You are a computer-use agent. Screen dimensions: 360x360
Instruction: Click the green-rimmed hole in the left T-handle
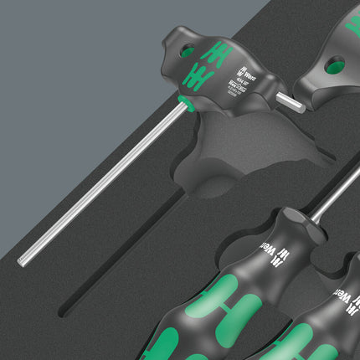coord(186,51)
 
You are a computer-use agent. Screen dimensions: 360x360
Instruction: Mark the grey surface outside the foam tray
coord(50,67)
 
